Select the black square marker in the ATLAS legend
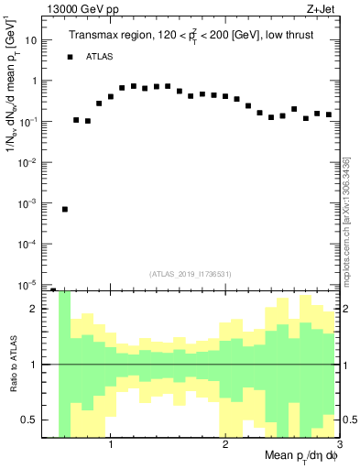[69, 57]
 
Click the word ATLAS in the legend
[100, 57]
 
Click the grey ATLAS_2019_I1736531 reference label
[191, 273]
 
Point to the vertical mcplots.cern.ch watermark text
[346, 220]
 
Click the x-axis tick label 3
[338, 446]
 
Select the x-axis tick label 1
[110, 446]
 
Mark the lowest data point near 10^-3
[65, 209]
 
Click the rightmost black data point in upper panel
[328, 115]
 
